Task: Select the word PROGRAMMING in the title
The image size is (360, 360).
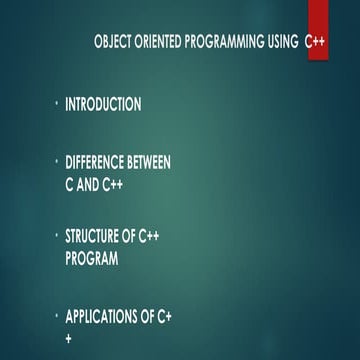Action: pyautogui.click(x=223, y=45)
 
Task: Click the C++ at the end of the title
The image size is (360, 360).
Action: pyautogui.click(x=315, y=45)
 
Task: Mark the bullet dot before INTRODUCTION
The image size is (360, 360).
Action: pyautogui.click(x=56, y=102)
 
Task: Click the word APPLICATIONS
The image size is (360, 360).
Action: pyautogui.click(x=103, y=318)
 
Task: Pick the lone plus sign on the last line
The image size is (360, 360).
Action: pyautogui.click(x=68, y=338)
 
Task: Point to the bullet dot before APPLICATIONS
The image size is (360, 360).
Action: pyautogui.click(x=56, y=316)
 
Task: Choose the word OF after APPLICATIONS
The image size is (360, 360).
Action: pyautogui.click(x=151, y=318)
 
